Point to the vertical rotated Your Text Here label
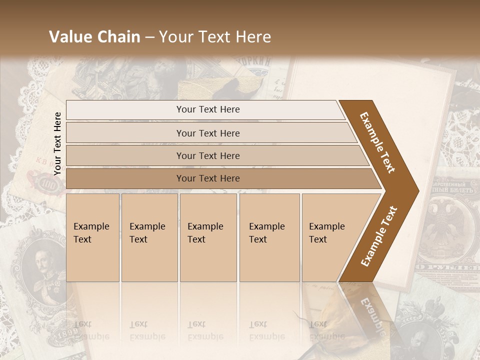tap(57, 143)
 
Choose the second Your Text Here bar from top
tap(208, 133)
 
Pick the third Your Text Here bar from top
tap(208, 155)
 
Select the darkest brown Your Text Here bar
tap(208, 178)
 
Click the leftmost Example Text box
tap(92, 237)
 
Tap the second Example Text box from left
tap(149, 237)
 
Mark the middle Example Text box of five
tap(208, 237)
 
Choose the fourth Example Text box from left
tap(269, 237)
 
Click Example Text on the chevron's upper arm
tap(378, 142)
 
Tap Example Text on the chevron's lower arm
tap(378, 236)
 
